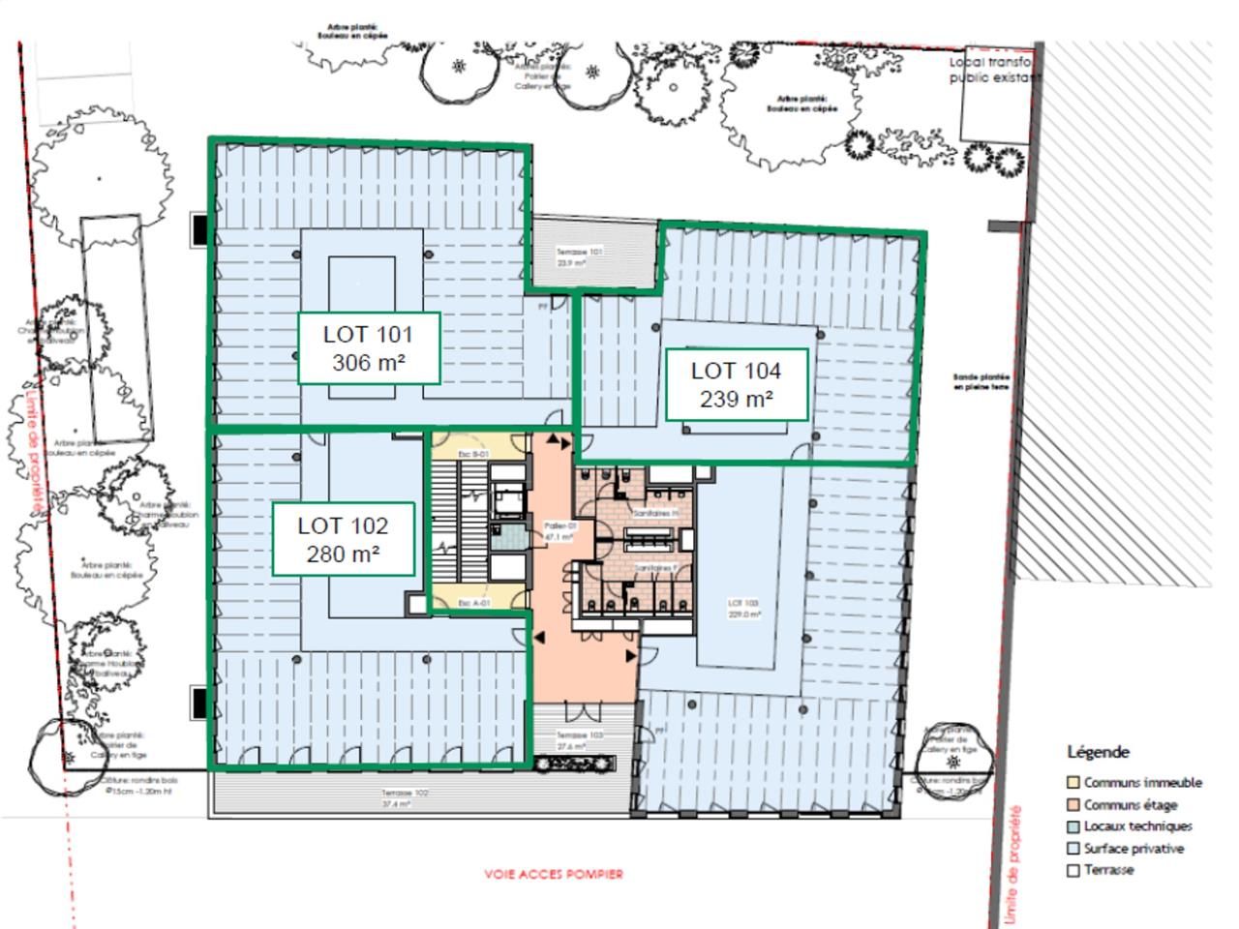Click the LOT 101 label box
368,348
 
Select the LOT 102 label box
343,539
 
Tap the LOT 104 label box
736,384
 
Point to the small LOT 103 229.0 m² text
744,609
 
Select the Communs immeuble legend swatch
1073,783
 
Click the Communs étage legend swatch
1073,805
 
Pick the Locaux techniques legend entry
1136,826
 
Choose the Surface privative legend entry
1133,849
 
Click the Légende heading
1098,752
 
